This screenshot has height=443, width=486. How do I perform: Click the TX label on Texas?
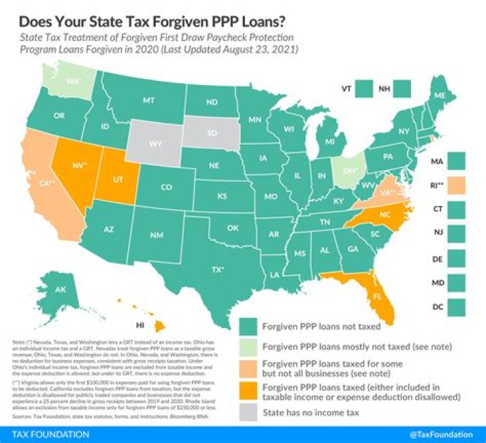click(x=217, y=269)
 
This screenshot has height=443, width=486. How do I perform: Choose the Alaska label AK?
click(x=60, y=290)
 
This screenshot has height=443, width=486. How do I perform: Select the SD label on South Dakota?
click(x=213, y=133)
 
